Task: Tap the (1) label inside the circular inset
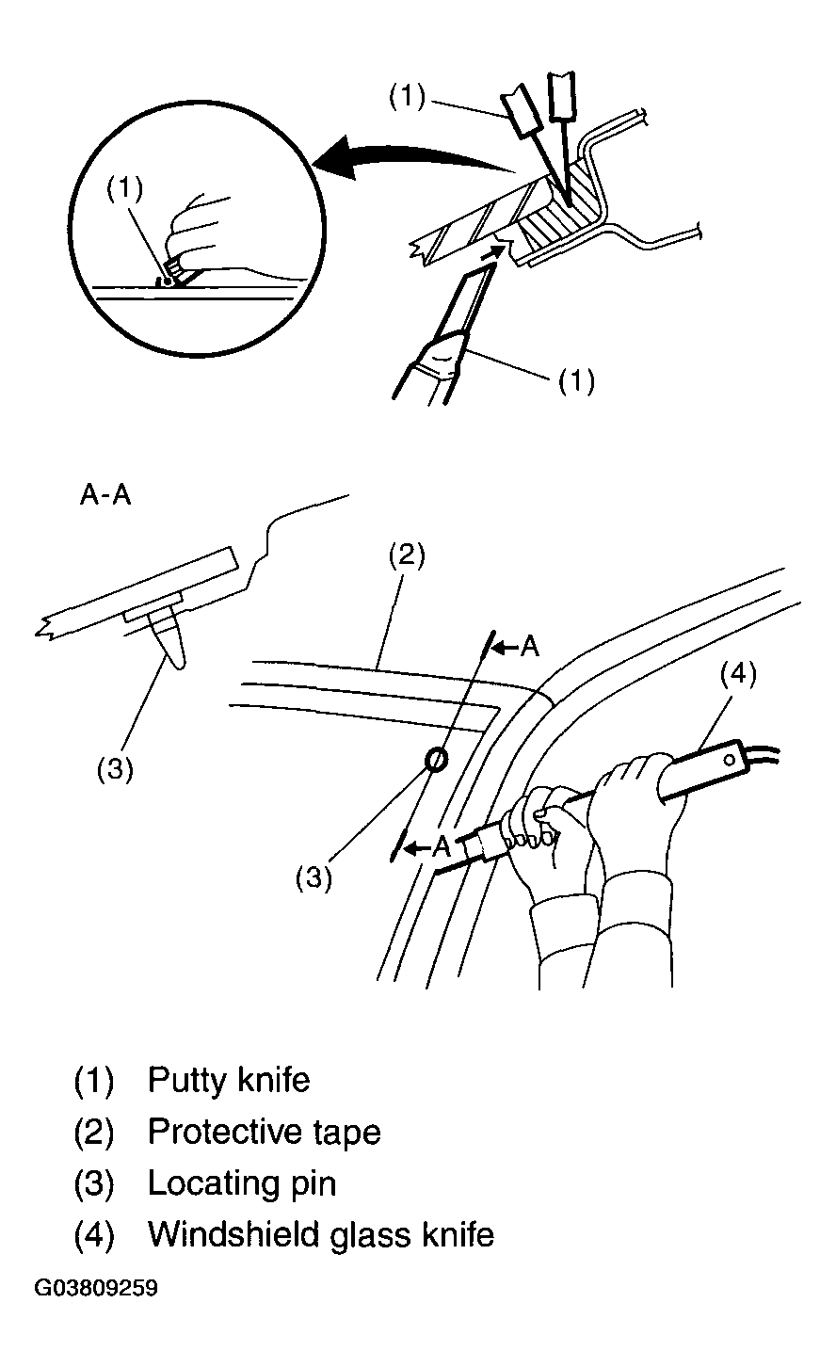pos(125,188)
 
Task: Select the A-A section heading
pos(105,495)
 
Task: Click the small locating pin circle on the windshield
pos(436,760)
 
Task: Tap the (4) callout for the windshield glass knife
pos(738,674)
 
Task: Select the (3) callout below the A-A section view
pos(115,769)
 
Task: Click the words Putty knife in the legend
pos(229,1079)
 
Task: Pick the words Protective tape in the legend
pos(265,1132)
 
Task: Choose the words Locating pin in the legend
pos(242,1183)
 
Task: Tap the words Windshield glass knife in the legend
pos(321,1234)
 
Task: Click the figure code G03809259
pos(96,1288)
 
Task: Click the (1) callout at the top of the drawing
pos(407,96)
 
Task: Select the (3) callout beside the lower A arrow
pos(313,878)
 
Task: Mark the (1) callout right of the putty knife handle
pos(577,380)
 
